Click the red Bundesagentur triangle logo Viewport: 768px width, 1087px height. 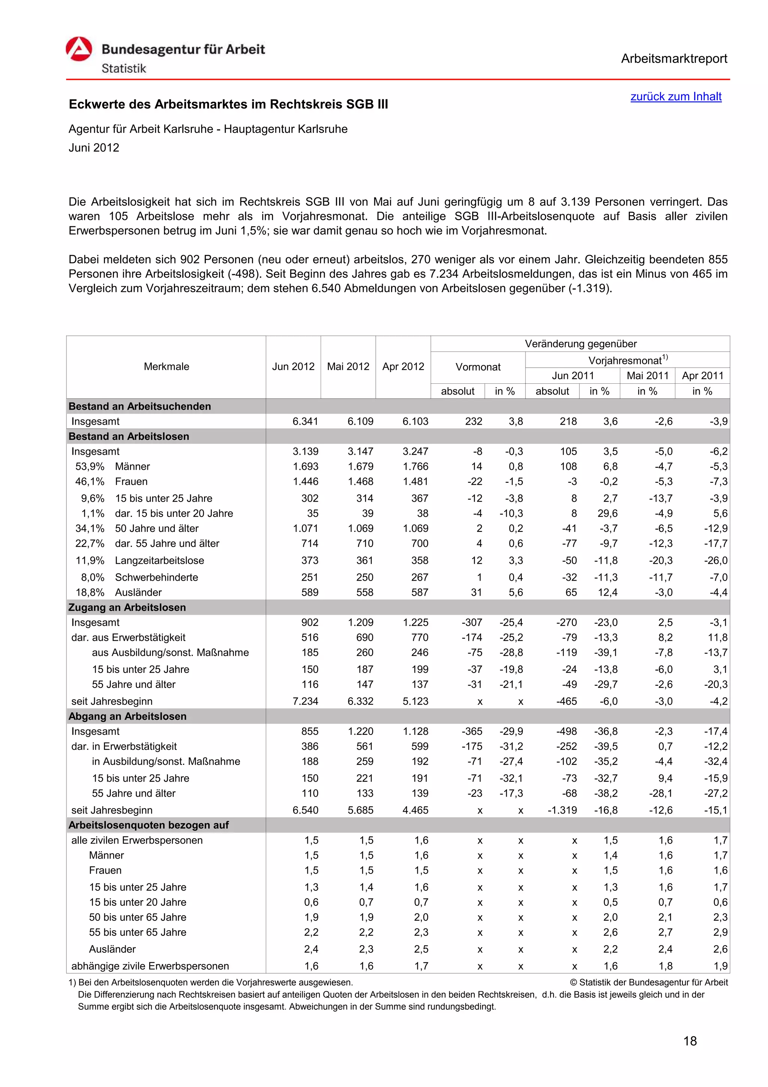78,49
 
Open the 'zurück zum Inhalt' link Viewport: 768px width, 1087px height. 675,96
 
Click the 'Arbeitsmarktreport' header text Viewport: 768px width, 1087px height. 673,59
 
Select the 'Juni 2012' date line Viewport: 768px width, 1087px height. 94,148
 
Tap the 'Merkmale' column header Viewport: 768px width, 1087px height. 166,366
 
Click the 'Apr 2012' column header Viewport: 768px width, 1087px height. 403,366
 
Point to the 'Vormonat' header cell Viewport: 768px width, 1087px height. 477,367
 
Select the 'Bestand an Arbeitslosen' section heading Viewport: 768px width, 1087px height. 129,437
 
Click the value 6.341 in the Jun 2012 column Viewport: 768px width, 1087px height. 305,421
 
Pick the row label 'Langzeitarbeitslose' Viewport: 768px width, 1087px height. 159,560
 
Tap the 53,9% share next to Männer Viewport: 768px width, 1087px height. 90,466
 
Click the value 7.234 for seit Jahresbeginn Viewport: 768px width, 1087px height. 305,701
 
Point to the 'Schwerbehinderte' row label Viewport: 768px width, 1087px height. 156,577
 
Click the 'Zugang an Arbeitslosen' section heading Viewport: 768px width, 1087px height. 127,607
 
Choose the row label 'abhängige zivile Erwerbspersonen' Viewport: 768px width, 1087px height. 150,966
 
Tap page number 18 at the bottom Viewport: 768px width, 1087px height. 690,1041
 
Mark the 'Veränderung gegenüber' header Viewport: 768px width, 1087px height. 580,344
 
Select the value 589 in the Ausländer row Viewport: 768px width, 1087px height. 310,592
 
